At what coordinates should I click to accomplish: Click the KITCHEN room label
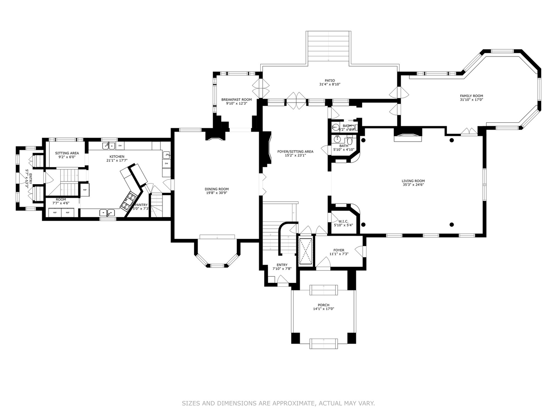point(116,156)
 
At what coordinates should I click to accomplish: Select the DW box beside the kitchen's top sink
point(120,146)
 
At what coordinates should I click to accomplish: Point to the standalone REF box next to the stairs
point(85,190)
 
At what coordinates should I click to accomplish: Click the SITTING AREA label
point(67,153)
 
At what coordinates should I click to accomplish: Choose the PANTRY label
point(141,205)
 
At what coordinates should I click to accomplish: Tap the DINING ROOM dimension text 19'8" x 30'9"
point(217,193)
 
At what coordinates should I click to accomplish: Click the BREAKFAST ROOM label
point(236,99)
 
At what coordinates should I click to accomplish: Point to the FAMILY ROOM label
point(471,96)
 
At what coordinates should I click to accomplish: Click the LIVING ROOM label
point(413,181)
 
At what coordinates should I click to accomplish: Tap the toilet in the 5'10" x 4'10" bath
point(349,139)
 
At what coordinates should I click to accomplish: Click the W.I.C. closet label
point(343,221)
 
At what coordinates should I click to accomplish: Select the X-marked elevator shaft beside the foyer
point(306,252)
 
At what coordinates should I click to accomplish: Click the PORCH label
point(323,305)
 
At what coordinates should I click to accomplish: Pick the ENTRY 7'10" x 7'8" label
point(282,265)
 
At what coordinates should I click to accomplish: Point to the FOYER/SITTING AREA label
point(295,151)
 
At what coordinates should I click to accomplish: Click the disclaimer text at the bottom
point(278,403)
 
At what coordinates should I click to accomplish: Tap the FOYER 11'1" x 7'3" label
point(339,250)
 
